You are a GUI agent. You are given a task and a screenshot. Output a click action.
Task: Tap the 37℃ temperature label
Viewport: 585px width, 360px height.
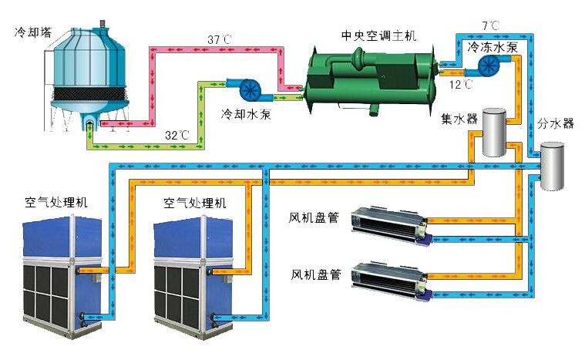(x=220, y=39)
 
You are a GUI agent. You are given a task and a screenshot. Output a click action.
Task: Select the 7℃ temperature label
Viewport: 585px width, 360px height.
(x=490, y=25)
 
